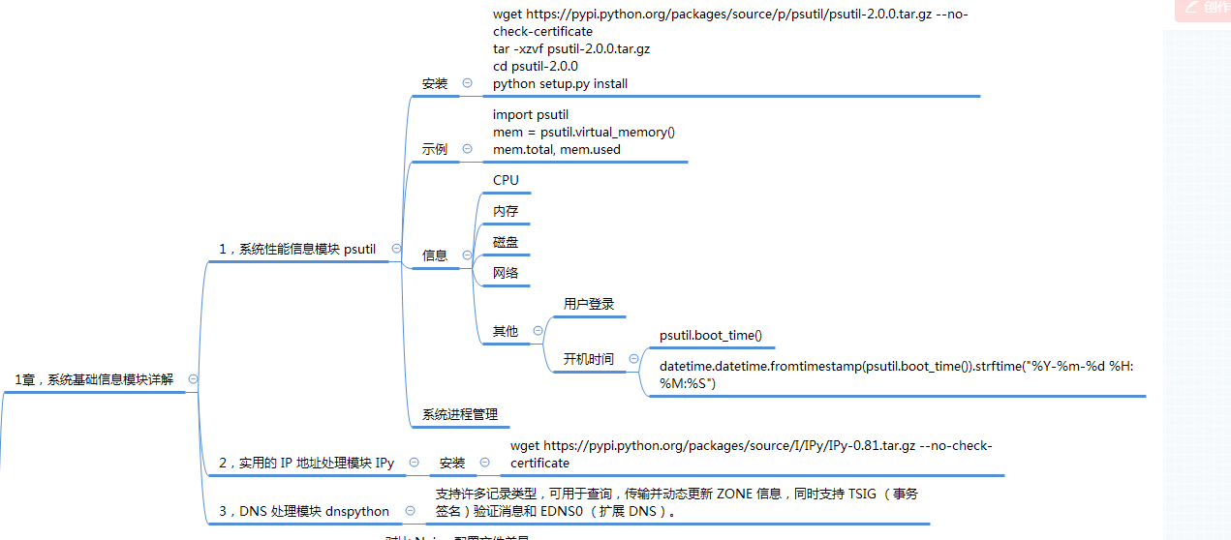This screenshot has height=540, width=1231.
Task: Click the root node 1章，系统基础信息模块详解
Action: [x=94, y=379]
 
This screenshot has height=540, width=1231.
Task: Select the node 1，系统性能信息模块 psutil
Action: [x=297, y=249]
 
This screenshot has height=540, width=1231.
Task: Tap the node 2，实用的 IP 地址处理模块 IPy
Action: [x=306, y=463]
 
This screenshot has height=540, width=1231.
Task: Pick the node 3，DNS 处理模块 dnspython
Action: [x=303, y=511]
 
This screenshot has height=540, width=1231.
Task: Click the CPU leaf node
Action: [x=506, y=180]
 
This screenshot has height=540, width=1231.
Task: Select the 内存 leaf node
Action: [x=506, y=211]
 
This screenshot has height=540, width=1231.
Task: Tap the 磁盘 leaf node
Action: [x=506, y=242]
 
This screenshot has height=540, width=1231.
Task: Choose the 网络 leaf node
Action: [x=506, y=273]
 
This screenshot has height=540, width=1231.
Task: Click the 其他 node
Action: [x=506, y=331]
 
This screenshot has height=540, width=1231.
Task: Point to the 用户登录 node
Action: [x=589, y=304]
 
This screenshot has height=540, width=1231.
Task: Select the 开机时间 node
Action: [x=589, y=359]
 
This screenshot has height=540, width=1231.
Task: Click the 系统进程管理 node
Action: [x=460, y=414]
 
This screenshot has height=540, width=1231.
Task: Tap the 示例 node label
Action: [x=435, y=149]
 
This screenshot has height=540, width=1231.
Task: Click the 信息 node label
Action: [x=435, y=255]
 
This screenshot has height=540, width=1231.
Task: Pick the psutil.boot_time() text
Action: [x=711, y=336]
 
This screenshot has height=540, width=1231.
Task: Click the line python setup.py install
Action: [x=560, y=83]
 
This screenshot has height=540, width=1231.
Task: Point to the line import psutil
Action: [x=531, y=114]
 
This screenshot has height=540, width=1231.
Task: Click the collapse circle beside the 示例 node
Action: [x=468, y=149]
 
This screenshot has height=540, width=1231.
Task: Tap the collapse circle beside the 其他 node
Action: [x=538, y=331]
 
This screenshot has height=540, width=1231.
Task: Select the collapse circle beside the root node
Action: [x=194, y=379]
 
